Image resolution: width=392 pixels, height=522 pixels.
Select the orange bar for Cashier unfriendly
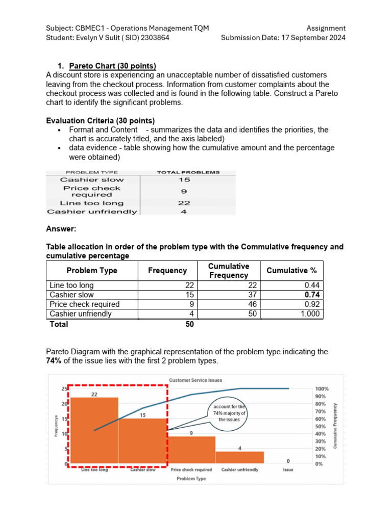(x=239, y=457)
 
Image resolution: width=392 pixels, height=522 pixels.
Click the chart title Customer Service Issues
(x=195, y=380)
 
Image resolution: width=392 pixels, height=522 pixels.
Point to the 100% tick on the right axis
(x=323, y=389)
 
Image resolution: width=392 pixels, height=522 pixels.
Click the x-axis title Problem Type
(x=191, y=479)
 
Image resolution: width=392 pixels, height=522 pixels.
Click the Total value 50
(x=189, y=324)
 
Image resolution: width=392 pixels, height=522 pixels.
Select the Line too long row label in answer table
(x=71, y=285)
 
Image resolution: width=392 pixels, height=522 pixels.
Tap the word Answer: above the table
(x=61, y=229)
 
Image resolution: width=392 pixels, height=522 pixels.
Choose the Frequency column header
(x=167, y=271)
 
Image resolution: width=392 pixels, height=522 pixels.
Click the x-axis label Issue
(x=288, y=469)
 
